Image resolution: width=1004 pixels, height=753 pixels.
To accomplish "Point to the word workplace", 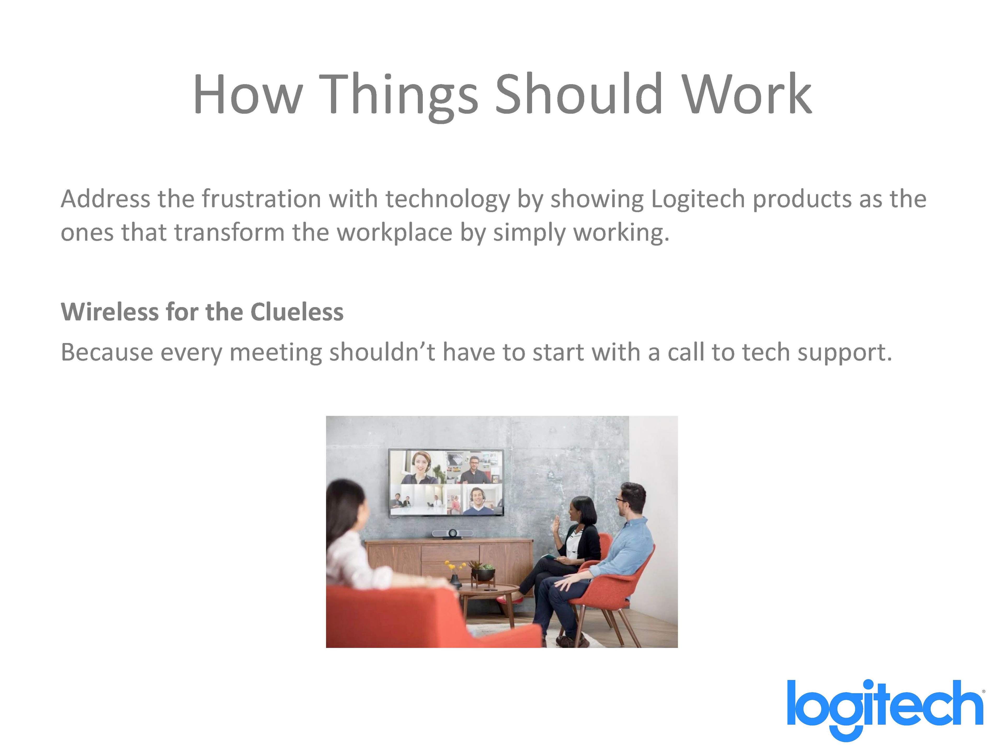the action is (x=395, y=233).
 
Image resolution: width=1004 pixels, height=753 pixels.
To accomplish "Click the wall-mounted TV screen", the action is (x=446, y=482).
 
